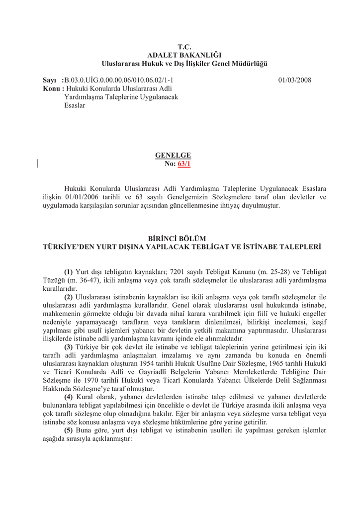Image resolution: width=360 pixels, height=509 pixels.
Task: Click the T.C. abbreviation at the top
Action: [184, 47]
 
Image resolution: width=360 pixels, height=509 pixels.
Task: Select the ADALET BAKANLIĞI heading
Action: [184, 55]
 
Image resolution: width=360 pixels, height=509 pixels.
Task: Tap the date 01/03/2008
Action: [295, 80]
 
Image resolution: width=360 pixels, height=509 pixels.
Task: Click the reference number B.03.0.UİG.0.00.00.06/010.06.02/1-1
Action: [119, 80]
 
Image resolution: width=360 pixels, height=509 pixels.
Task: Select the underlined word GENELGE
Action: [173, 156]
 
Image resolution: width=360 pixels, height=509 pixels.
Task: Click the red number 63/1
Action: [184, 164]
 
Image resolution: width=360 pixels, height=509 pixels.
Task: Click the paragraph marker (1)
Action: [68, 272]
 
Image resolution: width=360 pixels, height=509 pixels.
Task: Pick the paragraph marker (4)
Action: [68, 397]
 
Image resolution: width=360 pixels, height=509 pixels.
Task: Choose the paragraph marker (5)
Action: [68, 431]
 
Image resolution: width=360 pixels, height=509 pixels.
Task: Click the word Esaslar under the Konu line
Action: [75, 105]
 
